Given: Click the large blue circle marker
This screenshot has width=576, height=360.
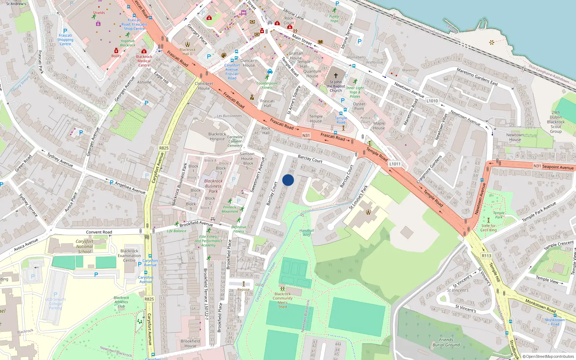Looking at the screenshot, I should pos(288,180).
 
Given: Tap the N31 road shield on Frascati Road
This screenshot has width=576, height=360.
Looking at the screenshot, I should pos(306,135).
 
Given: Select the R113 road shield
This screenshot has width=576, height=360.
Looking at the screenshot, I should pos(486,256).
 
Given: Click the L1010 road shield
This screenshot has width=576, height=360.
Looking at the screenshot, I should pos(432,101).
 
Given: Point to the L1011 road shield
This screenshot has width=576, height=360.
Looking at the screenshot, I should pos(395,164).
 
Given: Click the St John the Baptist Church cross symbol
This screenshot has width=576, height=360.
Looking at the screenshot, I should pos(336,76).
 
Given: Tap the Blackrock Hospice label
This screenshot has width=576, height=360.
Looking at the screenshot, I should pos(217,136).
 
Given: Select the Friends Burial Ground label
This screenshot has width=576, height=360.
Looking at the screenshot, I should pos(446,342).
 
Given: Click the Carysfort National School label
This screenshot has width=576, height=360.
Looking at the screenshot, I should pos(85,247).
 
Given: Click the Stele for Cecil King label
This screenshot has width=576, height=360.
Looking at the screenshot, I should pos(489,228).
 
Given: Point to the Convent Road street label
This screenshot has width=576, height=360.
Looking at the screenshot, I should pos(99,232).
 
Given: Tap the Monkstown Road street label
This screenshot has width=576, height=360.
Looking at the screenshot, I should pos(540,306).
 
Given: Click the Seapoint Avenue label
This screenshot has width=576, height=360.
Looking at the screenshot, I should pos(558,167).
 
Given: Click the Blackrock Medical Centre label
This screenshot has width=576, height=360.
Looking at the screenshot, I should pos(144,61).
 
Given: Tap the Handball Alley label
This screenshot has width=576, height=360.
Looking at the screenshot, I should pos(306,233).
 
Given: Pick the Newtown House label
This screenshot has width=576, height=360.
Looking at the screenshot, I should pos(515,137).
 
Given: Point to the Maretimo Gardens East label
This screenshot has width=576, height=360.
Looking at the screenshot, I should pos(477,77).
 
